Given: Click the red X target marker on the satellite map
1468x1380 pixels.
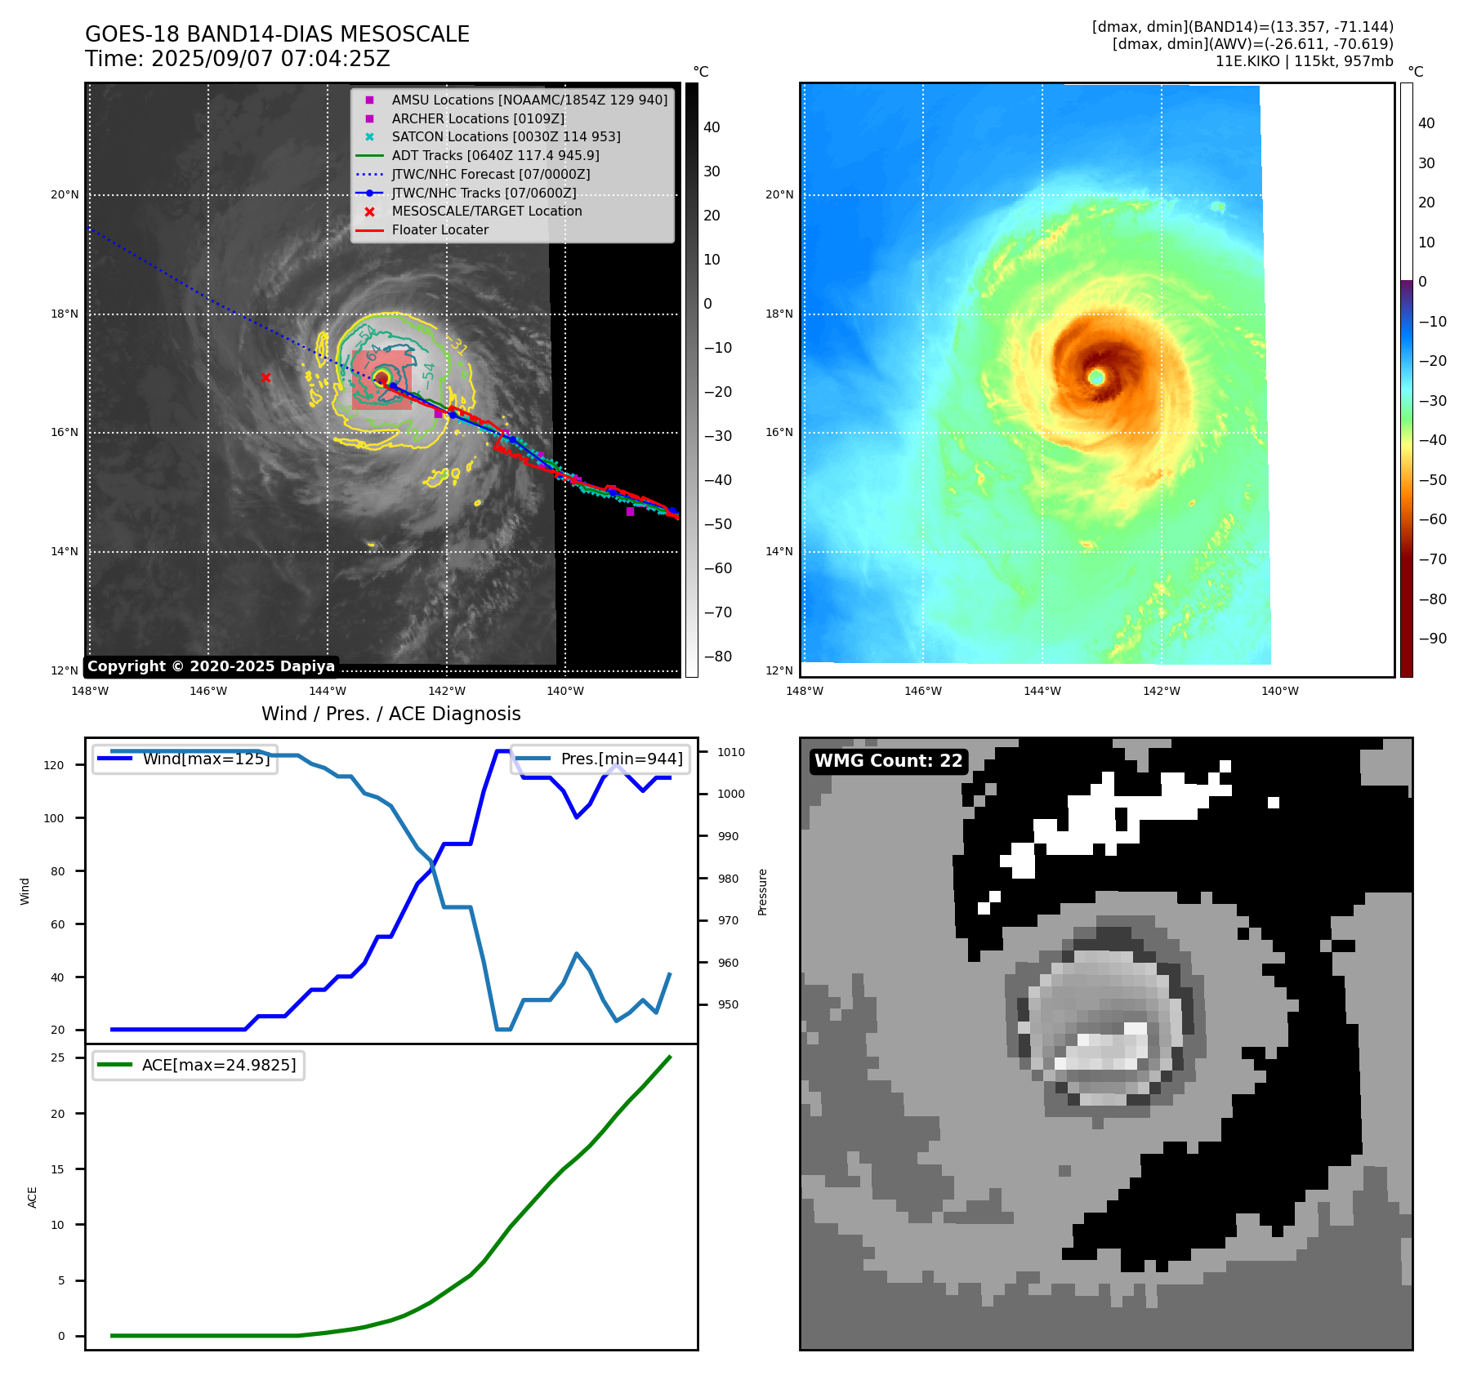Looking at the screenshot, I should (265, 377).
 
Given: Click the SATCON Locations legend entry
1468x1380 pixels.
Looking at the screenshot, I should (506, 136).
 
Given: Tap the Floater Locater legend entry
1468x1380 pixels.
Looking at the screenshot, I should (440, 229).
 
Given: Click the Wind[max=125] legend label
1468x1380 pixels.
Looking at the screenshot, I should (206, 759).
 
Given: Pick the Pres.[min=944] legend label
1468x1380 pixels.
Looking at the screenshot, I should (621, 759).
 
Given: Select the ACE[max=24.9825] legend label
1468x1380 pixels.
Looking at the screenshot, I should (218, 1065).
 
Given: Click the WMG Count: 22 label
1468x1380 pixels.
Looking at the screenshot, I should (888, 761).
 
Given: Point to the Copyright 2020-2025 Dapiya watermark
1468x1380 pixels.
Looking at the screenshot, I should (211, 666).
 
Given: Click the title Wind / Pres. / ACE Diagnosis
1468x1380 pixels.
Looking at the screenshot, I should (390, 714).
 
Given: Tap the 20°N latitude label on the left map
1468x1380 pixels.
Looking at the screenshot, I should (65, 194).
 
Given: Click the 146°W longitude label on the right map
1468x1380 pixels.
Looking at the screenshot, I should (923, 691).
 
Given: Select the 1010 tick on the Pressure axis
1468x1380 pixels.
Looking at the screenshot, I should (731, 752).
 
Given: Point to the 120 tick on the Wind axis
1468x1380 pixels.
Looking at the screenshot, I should (53, 765).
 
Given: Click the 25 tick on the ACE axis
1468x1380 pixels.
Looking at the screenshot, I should (58, 1057).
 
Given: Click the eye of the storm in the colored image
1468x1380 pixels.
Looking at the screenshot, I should (1096, 376).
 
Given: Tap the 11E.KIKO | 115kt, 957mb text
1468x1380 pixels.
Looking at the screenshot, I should (1304, 61).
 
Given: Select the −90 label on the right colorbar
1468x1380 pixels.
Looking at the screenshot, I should (1432, 639).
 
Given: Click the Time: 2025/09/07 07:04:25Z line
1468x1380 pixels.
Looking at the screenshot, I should (238, 59).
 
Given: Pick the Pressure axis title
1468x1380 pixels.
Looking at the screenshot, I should (762, 892).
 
